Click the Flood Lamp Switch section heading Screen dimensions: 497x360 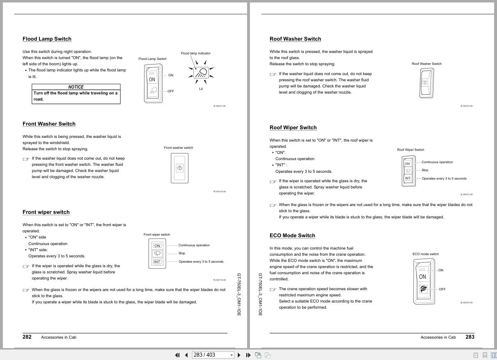(x=47, y=39)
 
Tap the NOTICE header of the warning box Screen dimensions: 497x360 (x=76, y=87)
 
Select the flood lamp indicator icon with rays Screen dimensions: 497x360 (x=201, y=72)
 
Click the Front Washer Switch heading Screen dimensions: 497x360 (x=49, y=124)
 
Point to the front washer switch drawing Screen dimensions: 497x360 (x=179, y=168)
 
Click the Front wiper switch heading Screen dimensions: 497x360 (x=46, y=212)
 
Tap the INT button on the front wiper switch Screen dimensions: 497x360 (x=157, y=262)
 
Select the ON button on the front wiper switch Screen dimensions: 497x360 (x=157, y=246)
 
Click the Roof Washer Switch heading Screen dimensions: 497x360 (x=295, y=39)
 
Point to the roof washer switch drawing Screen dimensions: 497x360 (x=426, y=83)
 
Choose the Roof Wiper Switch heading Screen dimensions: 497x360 (x=293, y=128)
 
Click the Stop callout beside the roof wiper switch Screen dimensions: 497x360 (x=425, y=170)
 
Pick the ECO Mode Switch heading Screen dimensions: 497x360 (x=292, y=236)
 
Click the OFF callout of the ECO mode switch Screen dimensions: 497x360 (x=442, y=289)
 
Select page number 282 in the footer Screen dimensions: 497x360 (x=27, y=337)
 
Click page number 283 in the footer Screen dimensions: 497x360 (x=470, y=337)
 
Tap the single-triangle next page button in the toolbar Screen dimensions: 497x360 (x=239, y=355)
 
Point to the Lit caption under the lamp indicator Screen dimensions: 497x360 (x=201, y=89)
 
